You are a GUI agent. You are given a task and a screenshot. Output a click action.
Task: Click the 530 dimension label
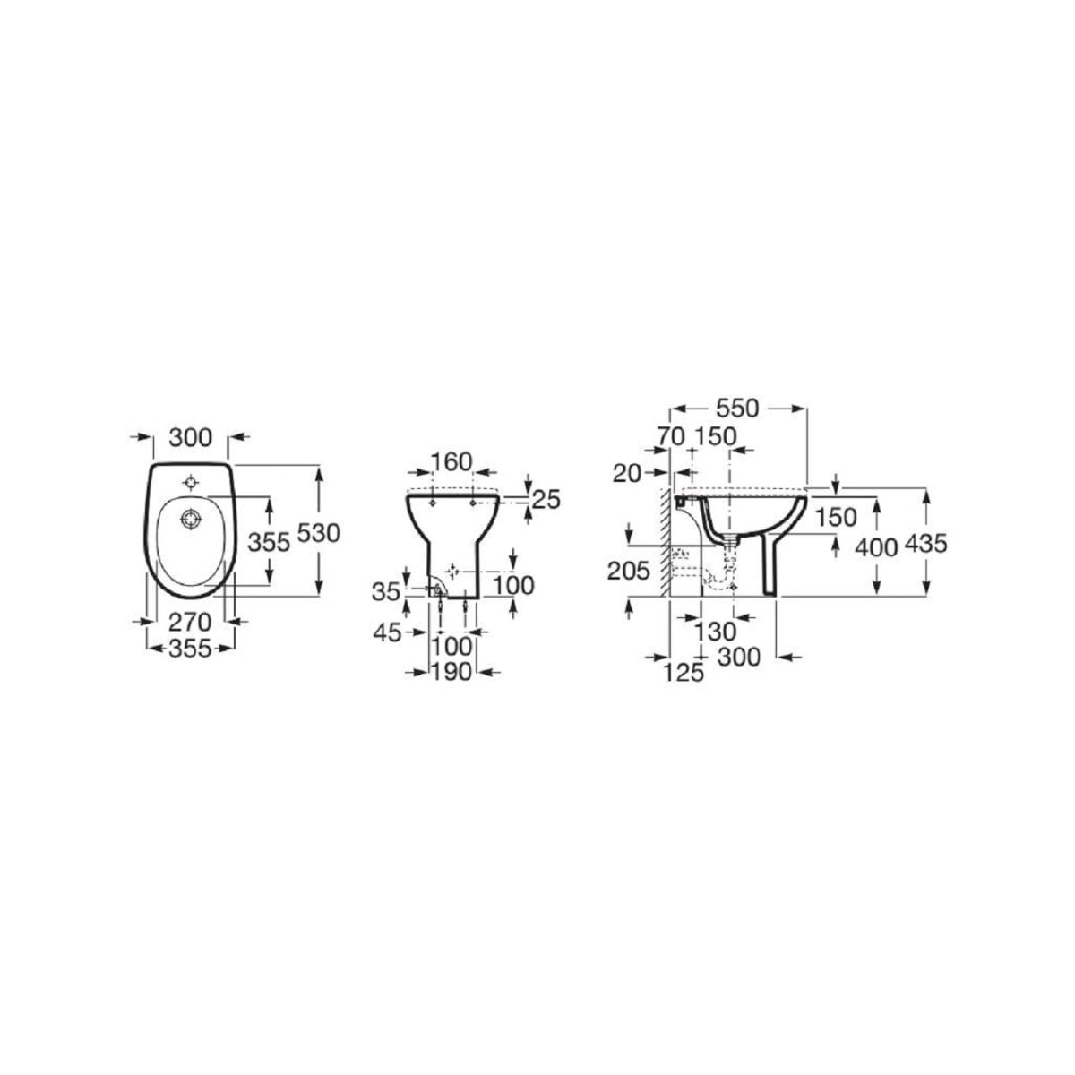point(318,534)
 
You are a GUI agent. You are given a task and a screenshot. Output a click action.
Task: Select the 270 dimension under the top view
point(190,622)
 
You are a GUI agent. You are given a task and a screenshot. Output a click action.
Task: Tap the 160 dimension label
point(451,461)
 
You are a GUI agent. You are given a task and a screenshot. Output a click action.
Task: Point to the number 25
point(546,501)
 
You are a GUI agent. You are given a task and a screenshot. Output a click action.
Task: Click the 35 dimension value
point(386,591)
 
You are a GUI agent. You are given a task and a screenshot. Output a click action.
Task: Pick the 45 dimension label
point(387,632)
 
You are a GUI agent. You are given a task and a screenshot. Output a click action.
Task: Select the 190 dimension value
point(451,672)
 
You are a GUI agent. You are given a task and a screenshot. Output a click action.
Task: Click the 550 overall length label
point(737,408)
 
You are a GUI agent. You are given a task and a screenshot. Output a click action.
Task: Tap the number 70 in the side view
point(670,437)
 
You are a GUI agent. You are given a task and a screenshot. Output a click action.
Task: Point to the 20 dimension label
point(627,474)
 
